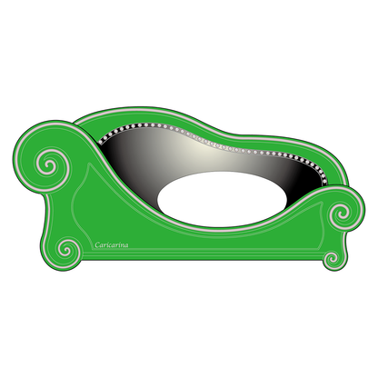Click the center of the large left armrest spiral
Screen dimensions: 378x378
pos(49,165)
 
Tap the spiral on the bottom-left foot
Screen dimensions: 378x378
pos(67,251)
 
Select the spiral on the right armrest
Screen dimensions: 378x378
pos(342,213)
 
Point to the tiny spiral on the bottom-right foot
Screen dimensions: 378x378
pos(332,258)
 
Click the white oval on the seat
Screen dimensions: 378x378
pos(222,199)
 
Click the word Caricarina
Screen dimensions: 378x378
pos(112,244)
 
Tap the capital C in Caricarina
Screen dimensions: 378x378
pos(97,244)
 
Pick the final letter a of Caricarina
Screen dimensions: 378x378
pos(126,245)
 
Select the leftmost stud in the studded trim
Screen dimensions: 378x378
pos(101,141)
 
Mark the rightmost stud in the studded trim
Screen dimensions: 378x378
pos(324,182)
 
